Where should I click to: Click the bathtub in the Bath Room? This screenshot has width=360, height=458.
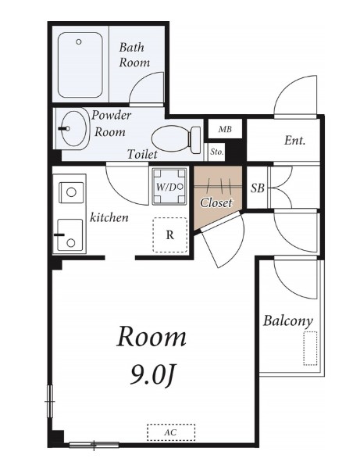[80, 65]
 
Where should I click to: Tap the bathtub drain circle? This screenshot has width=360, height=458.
[78, 41]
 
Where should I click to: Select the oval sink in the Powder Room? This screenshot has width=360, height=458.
[75, 128]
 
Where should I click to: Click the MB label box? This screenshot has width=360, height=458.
[225, 129]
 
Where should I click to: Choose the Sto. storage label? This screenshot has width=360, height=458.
[217, 152]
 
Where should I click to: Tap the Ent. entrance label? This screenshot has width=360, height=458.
[294, 141]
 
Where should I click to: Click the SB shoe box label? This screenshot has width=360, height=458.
[257, 188]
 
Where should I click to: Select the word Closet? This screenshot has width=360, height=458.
[216, 202]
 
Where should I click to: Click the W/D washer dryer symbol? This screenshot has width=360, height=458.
[169, 186]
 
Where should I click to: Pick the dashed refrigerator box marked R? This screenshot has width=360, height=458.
[170, 234]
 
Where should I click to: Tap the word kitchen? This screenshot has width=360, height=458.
[109, 217]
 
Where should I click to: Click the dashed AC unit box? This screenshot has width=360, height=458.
[171, 432]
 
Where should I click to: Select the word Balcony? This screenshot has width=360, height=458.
[288, 320]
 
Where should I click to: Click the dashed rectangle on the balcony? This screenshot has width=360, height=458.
[310, 348]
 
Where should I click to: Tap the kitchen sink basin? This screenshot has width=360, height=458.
[70, 234]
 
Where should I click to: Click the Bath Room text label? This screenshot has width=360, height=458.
[134, 55]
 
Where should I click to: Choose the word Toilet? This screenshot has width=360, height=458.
[142, 154]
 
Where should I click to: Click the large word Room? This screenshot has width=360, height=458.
[151, 337]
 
